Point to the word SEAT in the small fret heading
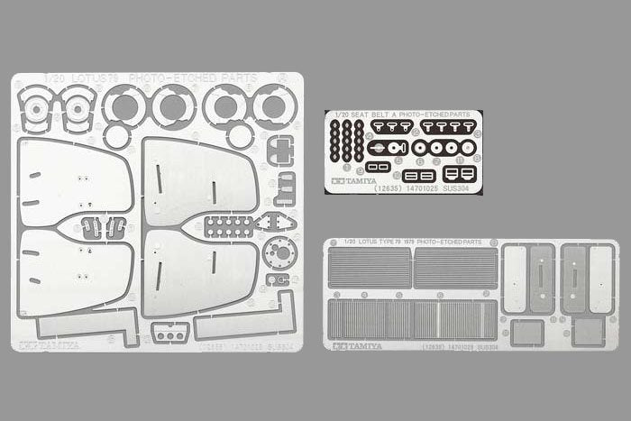[354, 114]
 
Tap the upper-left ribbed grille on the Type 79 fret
[368, 268]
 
